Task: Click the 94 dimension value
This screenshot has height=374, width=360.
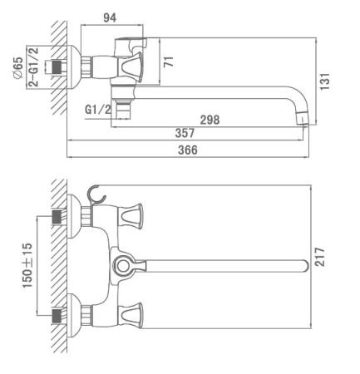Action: (110, 17)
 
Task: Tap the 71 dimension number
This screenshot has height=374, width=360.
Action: (169, 62)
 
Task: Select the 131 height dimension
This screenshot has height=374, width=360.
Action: (325, 81)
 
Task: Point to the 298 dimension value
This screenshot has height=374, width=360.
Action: (210, 120)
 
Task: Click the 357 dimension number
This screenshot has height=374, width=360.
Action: (185, 133)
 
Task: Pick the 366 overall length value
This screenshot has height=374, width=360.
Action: (188, 150)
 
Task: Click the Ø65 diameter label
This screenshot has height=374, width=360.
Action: (18, 68)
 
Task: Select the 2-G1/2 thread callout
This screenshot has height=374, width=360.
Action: (33, 67)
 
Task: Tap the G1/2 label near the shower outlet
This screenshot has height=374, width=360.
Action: (98, 110)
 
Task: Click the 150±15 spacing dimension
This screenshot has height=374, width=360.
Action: (27, 265)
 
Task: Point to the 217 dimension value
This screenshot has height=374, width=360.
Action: (319, 257)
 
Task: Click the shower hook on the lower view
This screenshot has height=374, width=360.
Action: (96, 194)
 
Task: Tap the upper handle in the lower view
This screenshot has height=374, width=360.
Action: (131, 216)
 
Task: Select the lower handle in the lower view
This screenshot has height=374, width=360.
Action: (131, 316)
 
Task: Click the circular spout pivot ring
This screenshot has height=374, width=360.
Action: (122, 266)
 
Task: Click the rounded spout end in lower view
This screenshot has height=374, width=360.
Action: (304, 266)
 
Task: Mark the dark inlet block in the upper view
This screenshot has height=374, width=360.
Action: (57, 66)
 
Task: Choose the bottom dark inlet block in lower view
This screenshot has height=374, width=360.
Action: (57, 316)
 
